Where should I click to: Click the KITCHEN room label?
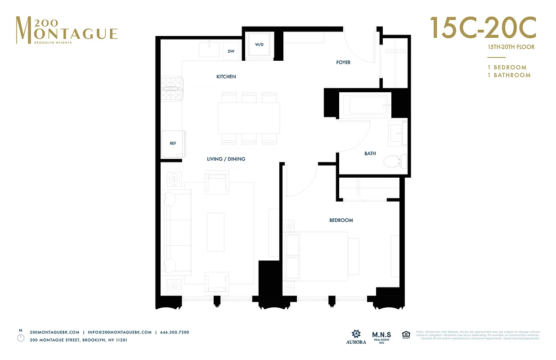point(226,77)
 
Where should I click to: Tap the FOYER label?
point(343,63)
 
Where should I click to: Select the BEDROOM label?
point(341,220)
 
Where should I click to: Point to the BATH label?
point(370,154)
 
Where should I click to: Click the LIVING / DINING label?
point(226,159)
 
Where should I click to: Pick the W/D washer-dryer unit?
point(259,45)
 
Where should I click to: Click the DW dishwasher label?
point(231,51)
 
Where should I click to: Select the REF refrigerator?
point(173,144)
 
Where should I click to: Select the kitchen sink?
point(211,48)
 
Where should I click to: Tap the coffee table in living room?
point(215,232)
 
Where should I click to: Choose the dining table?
point(249,118)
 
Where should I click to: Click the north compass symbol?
point(20,338)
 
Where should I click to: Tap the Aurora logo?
point(355,337)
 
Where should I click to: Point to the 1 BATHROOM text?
point(509,75)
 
